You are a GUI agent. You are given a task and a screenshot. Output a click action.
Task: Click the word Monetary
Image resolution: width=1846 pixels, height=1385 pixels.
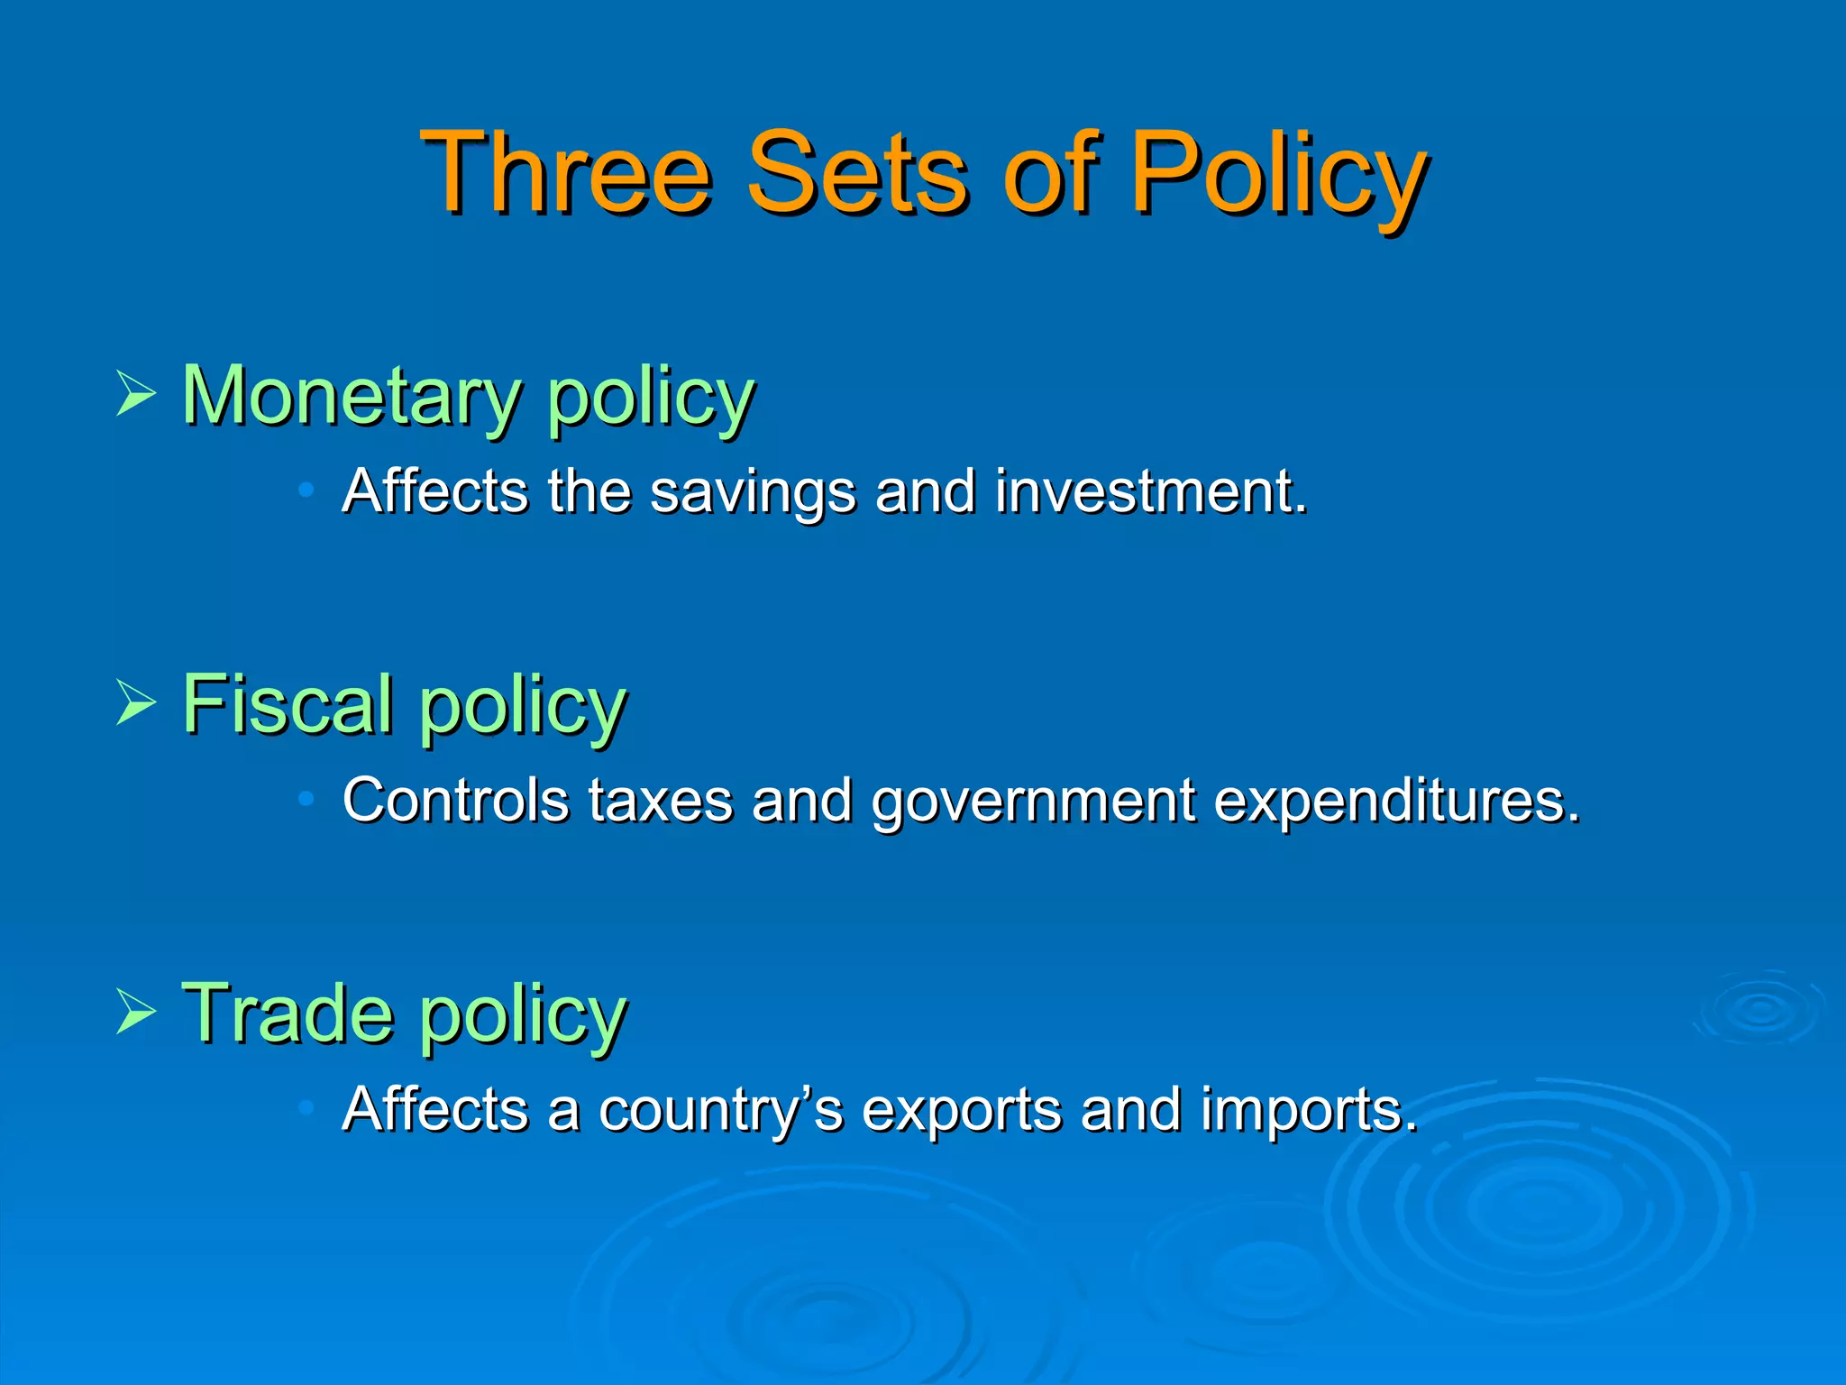tap(352, 397)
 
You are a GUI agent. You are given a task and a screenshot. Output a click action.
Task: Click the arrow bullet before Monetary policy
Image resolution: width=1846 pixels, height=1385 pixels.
tap(136, 394)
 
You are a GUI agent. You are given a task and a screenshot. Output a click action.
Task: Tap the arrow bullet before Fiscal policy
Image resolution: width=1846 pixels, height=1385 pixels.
tap(136, 703)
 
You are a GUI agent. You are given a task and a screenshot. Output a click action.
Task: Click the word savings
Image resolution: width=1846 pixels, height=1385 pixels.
tap(752, 493)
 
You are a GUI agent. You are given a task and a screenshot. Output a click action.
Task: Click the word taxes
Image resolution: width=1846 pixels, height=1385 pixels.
tap(660, 802)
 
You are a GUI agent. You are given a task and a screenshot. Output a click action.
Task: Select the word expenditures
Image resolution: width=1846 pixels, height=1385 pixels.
tap(1396, 802)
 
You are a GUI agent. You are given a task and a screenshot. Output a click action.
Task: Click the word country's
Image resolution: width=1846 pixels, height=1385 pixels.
tap(720, 1110)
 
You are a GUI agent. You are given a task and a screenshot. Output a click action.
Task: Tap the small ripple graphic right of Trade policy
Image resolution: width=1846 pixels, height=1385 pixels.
tap(1759, 1008)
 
